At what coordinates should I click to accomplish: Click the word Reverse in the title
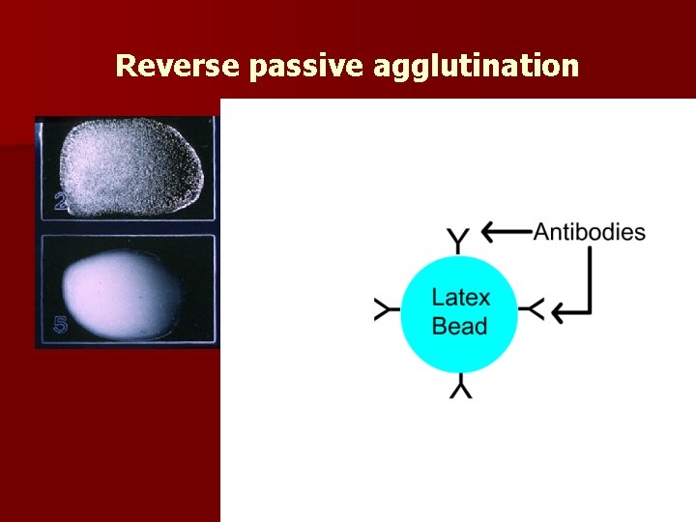[177, 66]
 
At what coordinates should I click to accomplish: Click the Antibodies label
[589, 232]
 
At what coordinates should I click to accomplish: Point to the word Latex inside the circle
[460, 297]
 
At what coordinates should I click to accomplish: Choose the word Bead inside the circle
[459, 326]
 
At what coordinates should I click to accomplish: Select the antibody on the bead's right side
[532, 309]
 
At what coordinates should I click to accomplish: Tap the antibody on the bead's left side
[387, 309]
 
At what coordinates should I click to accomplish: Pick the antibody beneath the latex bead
[459, 386]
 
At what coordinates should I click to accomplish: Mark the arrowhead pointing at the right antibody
[559, 310]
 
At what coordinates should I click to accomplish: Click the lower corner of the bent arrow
[589, 310]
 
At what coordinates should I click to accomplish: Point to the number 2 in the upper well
[61, 201]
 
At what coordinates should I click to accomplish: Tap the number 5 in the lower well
[60, 326]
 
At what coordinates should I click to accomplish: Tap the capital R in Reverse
[124, 66]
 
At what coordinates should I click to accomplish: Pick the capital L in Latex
[438, 297]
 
